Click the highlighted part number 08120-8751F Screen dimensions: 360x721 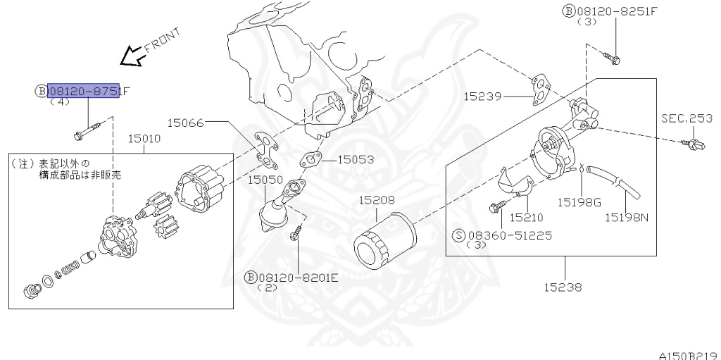(84, 91)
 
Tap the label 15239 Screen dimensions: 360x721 (482, 95)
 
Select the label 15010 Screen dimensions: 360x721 (144, 139)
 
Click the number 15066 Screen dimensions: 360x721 (185, 123)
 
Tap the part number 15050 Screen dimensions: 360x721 (265, 180)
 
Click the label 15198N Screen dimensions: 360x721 (627, 217)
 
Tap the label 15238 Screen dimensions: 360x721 (563, 287)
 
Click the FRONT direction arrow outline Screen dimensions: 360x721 (131, 56)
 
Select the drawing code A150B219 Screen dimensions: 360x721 (690, 354)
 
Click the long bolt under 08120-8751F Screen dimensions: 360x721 (87, 130)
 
